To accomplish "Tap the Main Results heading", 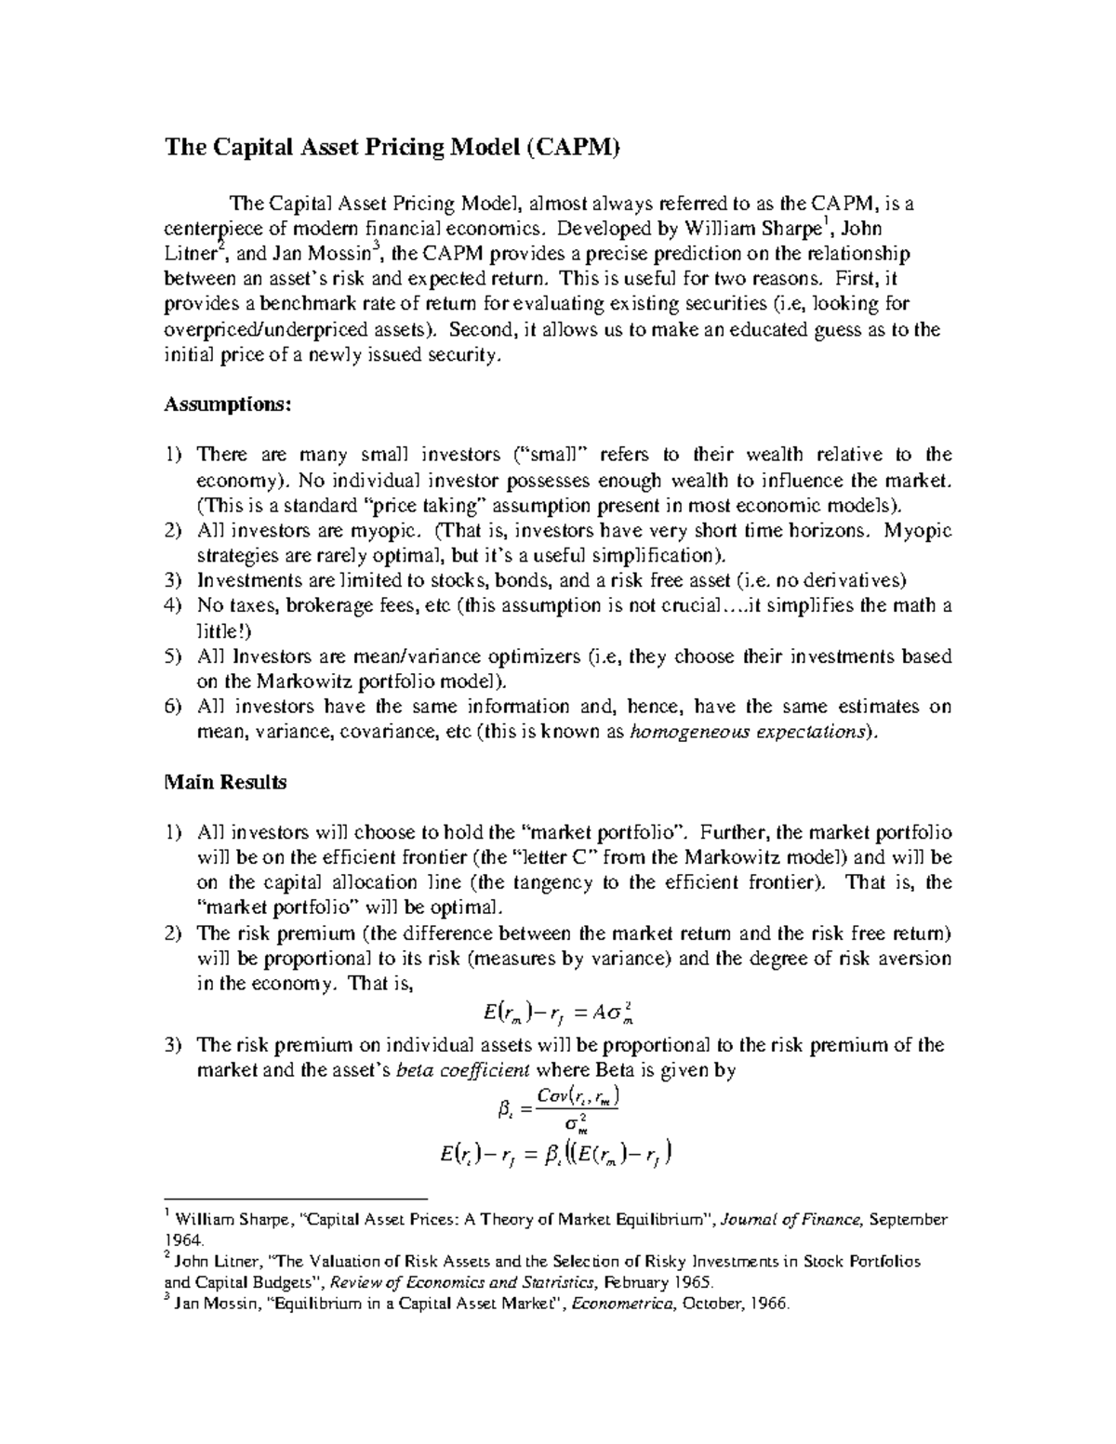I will coord(225,782).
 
